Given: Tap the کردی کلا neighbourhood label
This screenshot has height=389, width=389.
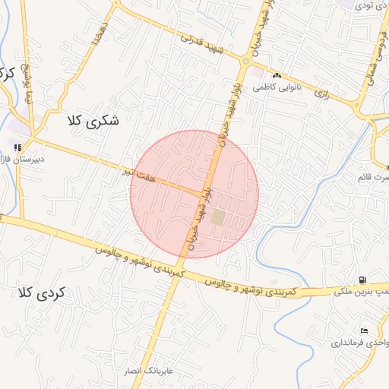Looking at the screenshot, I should pyautogui.click(x=42, y=292).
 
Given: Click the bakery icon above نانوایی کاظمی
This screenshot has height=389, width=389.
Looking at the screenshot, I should pyautogui.click(x=277, y=76).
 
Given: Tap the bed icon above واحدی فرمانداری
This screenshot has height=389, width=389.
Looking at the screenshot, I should pyautogui.click(x=364, y=330).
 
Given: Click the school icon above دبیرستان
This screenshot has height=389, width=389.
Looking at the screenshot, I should pyautogui.click(x=17, y=147).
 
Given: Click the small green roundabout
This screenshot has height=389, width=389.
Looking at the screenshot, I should pyautogui.click(x=245, y=60).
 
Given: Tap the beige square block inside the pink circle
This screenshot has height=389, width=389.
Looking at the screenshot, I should pyautogui.click(x=219, y=218).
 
